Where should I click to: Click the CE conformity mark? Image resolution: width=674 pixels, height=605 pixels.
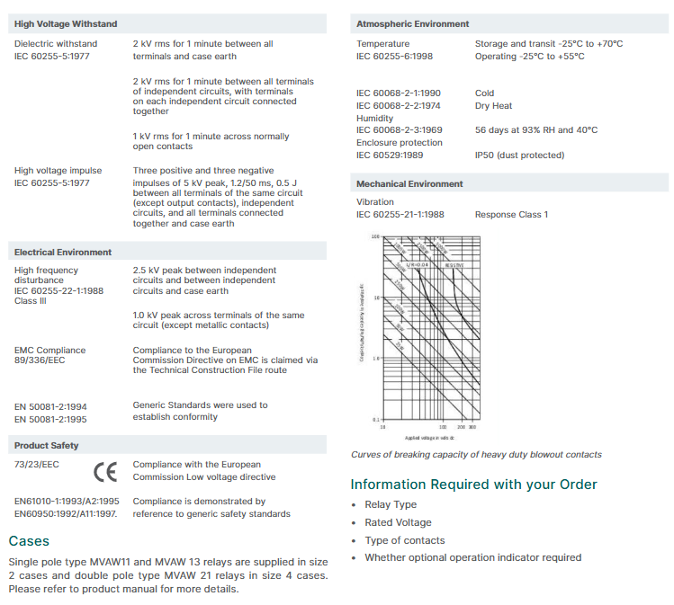[105, 471]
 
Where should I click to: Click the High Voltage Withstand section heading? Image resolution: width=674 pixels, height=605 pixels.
[66, 23]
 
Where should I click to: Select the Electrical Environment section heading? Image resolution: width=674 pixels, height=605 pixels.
[63, 253]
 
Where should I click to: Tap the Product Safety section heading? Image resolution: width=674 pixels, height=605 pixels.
[46, 446]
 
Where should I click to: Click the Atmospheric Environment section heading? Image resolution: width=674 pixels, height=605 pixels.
[412, 23]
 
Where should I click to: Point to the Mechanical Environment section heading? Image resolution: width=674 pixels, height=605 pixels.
[409, 184]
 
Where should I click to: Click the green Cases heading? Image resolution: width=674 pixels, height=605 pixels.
[29, 541]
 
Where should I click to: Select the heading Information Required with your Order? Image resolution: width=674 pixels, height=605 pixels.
[473, 485]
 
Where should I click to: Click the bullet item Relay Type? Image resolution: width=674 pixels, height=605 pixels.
[391, 505]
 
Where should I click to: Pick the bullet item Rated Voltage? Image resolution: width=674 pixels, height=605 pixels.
[398, 522]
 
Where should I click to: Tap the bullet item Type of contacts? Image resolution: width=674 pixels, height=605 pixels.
[404, 540]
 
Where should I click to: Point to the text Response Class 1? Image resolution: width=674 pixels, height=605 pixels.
[511, 215]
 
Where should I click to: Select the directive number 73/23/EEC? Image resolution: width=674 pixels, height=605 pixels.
[37, 465]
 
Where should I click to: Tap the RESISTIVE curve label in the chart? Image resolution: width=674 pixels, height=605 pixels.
[454, 266]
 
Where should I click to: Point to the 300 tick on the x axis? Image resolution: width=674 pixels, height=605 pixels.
[472, 428]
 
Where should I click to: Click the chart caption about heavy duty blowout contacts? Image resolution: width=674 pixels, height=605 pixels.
[476, 455]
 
